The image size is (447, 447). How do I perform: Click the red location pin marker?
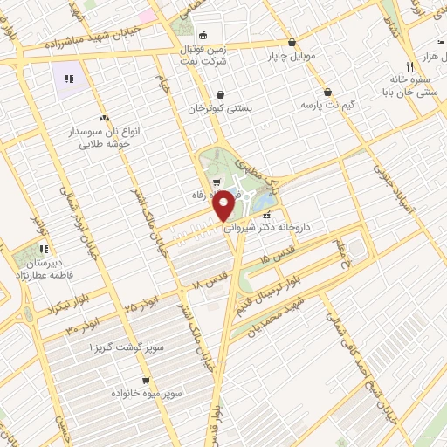tap(223, 206)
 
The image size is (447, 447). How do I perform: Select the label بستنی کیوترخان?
tap(220, 109)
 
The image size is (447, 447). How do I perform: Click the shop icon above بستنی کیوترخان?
tap(220, 95)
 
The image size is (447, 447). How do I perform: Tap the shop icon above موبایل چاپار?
tap(291, 41)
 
